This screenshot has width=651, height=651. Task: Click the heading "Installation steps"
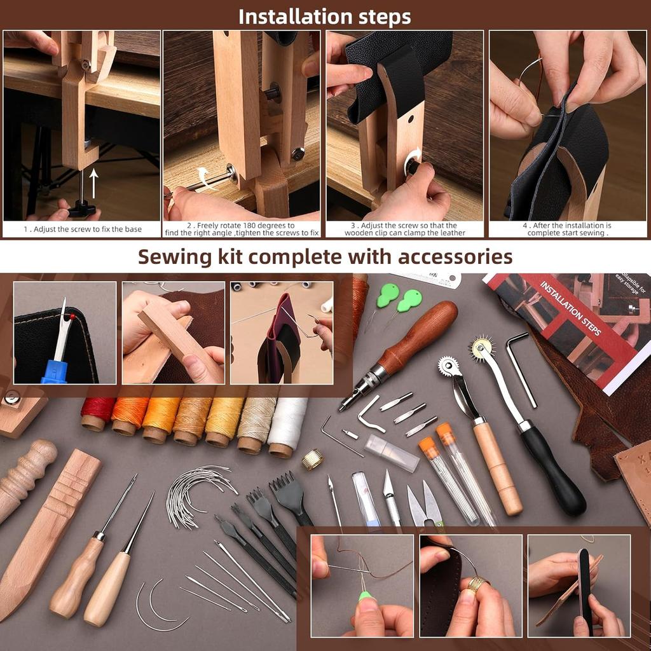[x=325, y=16]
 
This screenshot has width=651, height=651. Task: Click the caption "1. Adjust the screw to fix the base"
[x=83, y=229]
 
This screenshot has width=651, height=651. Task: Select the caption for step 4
[x=567, y=229]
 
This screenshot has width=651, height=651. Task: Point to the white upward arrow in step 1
[x=94, y=182]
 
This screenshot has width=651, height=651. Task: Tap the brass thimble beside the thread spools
[x=312, y=459]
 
